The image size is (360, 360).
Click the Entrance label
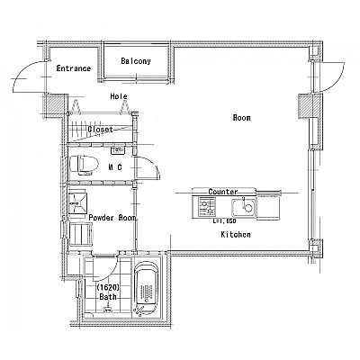[x=74, y=68]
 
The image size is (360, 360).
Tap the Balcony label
[x=136, y=61]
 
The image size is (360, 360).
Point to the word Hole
[x=119, y=96]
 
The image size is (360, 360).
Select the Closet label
[x=101, y=130]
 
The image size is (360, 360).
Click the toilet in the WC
[x=84, y=165]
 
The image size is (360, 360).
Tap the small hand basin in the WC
[x=118, y=150]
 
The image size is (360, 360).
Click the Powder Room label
[x=112, y=218]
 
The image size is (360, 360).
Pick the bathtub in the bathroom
[x=146, y=289]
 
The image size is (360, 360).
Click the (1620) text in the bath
[x=108, y=287]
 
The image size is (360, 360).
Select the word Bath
[x=108, y=297]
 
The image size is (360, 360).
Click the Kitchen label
[x=236, y=234]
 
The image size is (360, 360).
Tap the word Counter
[x=223, y=192]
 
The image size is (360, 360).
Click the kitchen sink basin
[x=243, y=207]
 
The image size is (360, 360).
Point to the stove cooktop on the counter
[x=207, y=207]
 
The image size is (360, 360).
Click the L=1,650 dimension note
[x=224, y=221]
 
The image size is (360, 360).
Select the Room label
[x=241, y=118]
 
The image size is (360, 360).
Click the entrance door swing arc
[x=23, y=72]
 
